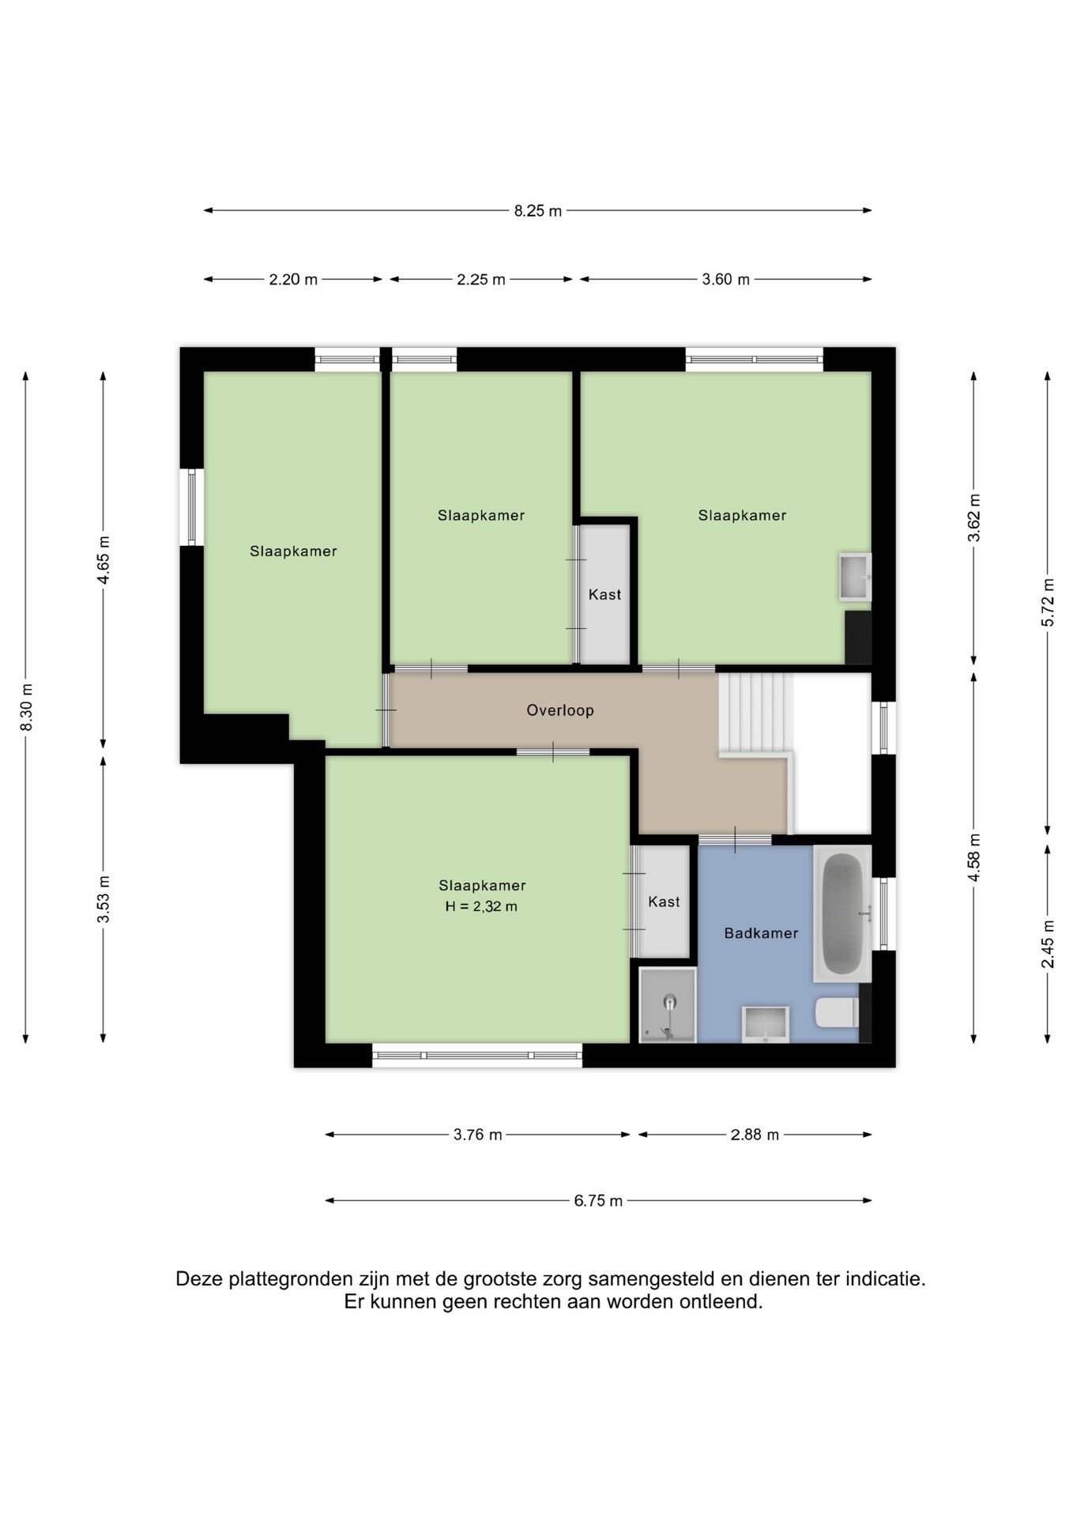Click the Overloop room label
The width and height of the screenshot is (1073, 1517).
560,710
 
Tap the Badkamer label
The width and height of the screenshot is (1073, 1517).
761,933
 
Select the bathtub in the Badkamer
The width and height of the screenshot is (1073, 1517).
842,913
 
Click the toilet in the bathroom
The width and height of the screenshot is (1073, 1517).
837,1013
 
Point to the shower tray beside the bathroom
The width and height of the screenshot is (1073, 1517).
668,1005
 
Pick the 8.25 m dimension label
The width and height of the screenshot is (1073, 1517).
538,211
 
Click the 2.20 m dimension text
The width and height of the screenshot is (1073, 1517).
293,280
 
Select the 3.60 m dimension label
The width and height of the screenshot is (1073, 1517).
726,280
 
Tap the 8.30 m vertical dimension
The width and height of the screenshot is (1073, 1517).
26,706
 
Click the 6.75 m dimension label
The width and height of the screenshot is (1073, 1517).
598,1201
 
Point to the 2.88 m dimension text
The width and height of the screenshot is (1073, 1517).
755,1135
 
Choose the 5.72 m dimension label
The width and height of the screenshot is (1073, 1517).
1048,602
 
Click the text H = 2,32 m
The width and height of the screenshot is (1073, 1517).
481,906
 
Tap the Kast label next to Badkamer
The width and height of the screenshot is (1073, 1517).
664,902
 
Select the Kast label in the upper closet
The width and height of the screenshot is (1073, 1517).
604,595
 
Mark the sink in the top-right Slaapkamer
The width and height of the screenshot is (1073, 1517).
855,577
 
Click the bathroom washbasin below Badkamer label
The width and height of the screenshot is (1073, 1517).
765,1024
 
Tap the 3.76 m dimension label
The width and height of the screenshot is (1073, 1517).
477,1135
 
